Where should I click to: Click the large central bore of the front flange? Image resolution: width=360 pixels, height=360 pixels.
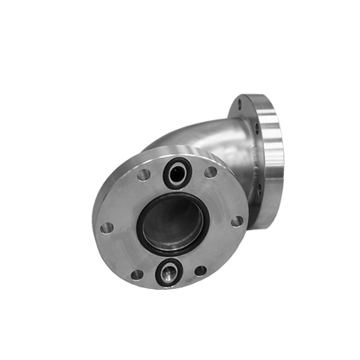tap(172, 222)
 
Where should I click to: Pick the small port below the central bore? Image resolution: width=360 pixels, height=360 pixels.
tap(168, 273)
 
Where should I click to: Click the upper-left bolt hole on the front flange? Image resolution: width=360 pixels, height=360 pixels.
tap(144, 175)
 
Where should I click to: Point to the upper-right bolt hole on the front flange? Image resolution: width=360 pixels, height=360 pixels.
tap(210, 171)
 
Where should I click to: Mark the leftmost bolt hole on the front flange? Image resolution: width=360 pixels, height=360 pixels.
tap(106, 228)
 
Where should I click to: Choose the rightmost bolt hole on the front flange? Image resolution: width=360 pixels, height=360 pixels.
tap(236, 221)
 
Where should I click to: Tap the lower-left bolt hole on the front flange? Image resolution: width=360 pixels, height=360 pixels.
tap(136, 274)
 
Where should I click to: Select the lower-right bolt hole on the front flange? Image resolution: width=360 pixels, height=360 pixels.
tap(201, 270)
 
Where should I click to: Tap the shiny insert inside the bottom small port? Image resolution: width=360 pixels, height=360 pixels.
tap(168, 273)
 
